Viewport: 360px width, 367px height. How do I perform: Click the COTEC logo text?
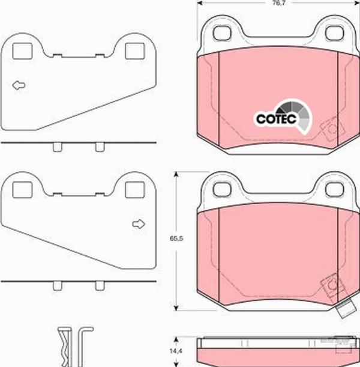276,119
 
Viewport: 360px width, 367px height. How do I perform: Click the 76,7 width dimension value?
279,3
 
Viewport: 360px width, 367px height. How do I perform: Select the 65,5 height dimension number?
176,238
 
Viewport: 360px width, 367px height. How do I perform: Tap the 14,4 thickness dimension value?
176,351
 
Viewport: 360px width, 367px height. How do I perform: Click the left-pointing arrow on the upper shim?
19,85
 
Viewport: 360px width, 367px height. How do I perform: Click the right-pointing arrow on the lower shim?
139,224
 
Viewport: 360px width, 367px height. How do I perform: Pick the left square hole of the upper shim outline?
22,51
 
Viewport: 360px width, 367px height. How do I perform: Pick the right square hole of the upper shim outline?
135,51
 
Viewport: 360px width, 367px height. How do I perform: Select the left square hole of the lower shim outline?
22,190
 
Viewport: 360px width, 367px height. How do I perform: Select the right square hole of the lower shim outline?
135,190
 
